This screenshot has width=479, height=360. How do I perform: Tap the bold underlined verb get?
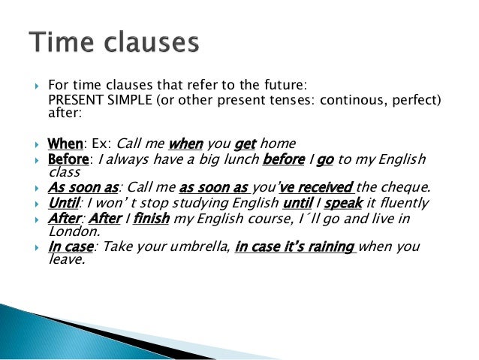tap(246, 144)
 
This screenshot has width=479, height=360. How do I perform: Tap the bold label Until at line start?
tap(63, 203)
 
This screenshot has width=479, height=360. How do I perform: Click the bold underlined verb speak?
tap(344, 203)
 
